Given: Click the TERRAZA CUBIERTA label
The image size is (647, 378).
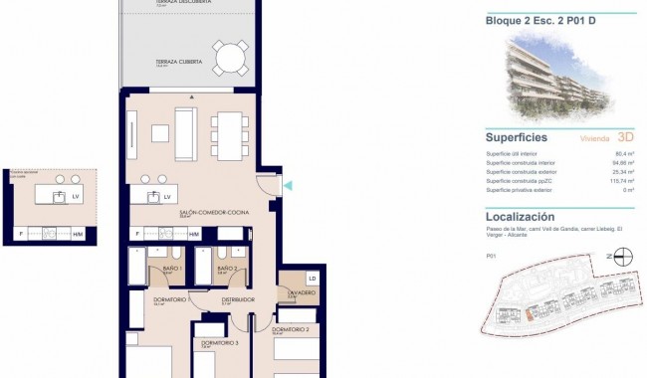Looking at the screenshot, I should [179, 63].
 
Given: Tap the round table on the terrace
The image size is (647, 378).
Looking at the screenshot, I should [231, 59].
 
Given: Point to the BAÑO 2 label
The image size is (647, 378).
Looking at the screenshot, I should [226, 270].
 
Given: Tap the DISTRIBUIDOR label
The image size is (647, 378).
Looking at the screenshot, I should [238, 299].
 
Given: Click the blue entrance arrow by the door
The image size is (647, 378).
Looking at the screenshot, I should [287, 186].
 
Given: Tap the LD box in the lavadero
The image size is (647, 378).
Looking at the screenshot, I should [312, 278].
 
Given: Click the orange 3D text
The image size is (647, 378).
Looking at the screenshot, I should [625, 138].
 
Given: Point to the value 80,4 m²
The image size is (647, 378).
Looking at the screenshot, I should [623, 154].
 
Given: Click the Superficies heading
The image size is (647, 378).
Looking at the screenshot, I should [517, 138].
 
